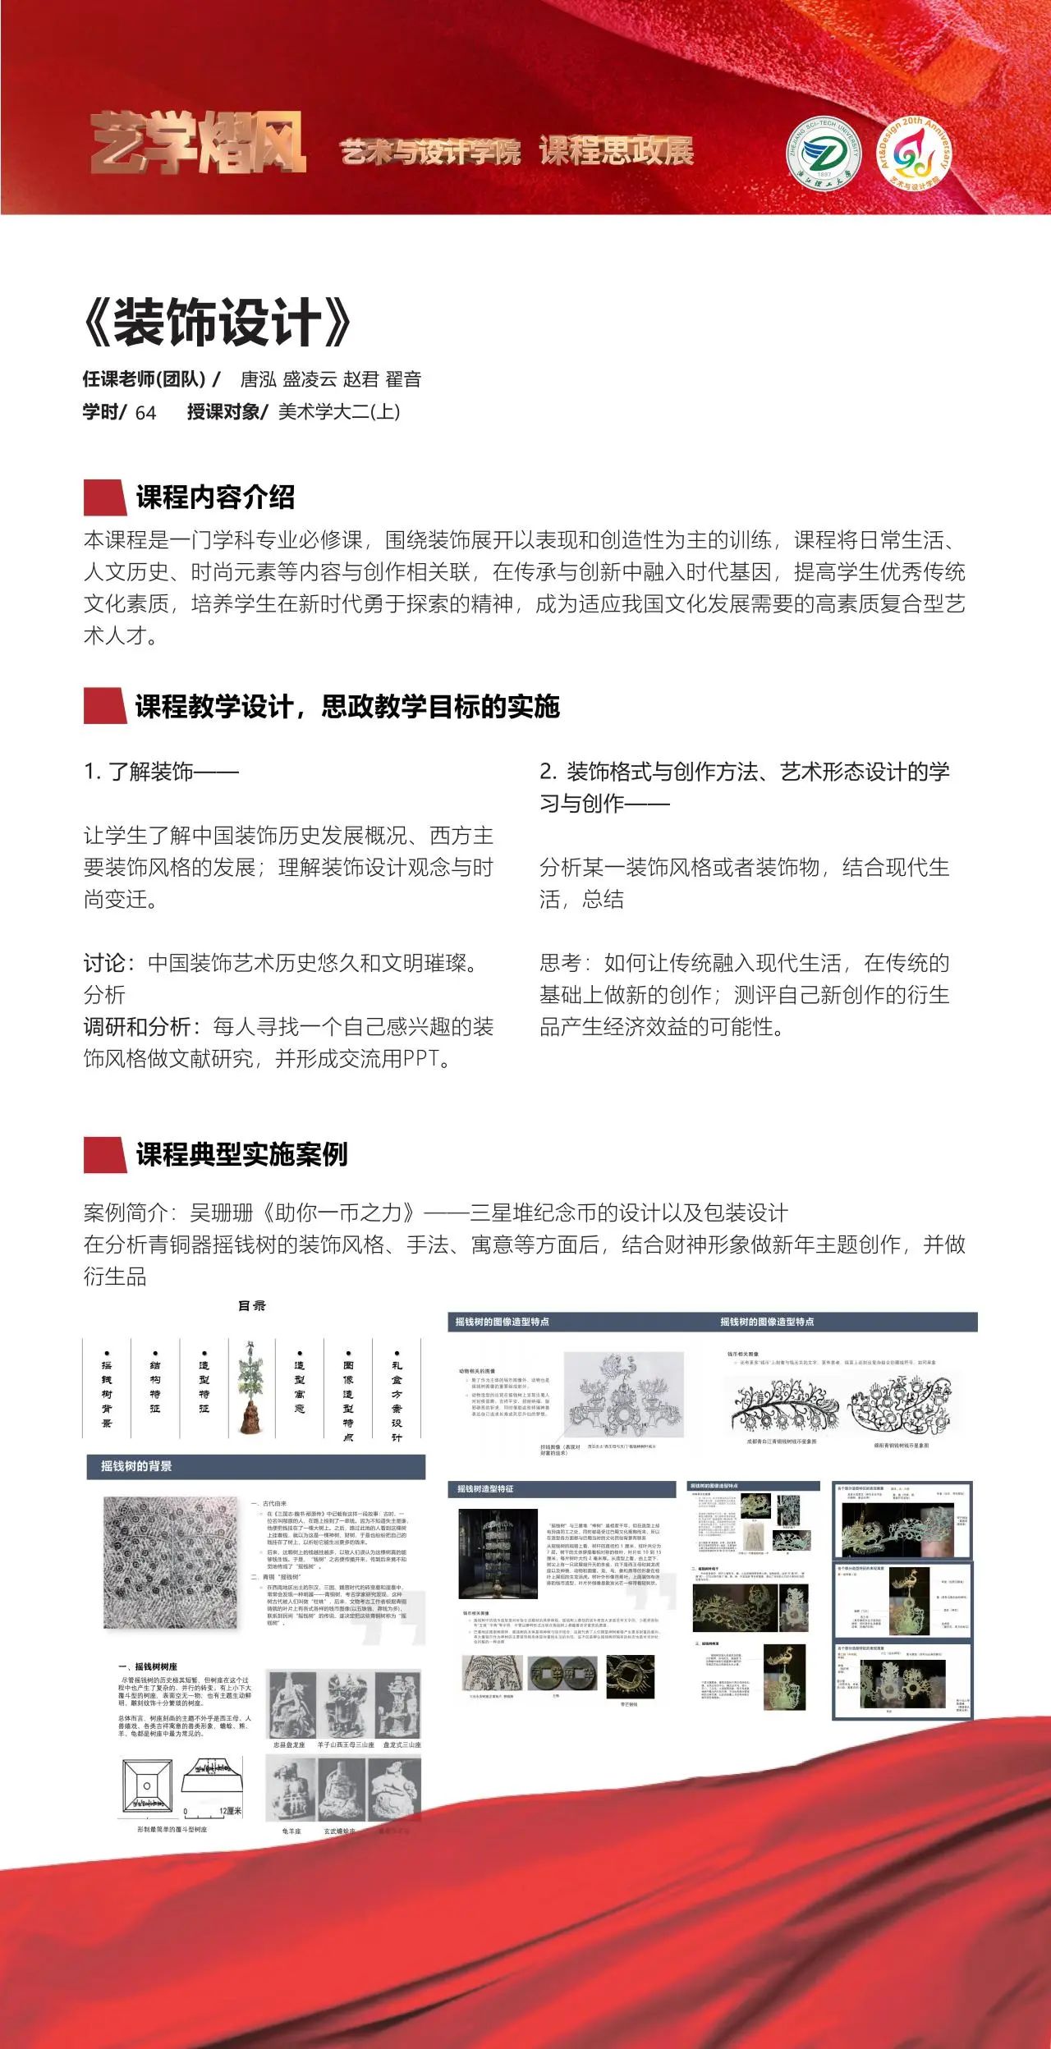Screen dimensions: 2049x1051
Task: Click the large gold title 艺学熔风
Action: pos(198,144)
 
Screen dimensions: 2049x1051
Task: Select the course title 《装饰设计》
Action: pos(218,323)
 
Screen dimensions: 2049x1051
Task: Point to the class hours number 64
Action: pos(145,412)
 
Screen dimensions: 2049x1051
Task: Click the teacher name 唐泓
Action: pos(257,379)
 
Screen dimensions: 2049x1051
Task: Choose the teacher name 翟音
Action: pos(402,379)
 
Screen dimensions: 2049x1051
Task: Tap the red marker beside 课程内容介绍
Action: pos(105,497)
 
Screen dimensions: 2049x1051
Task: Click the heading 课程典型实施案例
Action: pos(241,1154)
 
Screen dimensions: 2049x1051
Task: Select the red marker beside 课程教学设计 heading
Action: pos(105,706)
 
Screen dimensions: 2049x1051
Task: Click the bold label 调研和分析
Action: pos(137,1027)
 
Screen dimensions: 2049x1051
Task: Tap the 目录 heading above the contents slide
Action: pos(251,1306)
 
